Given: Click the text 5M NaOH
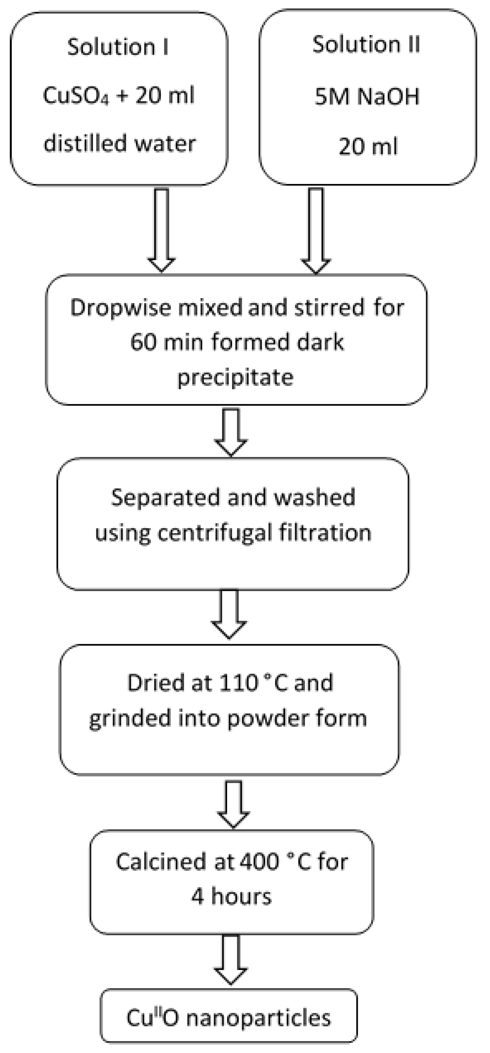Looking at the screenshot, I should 367,97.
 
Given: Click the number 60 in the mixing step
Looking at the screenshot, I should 143,342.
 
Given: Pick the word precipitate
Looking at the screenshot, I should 235,377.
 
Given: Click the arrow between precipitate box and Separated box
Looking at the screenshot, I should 231,431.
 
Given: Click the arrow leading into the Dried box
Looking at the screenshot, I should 229,613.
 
